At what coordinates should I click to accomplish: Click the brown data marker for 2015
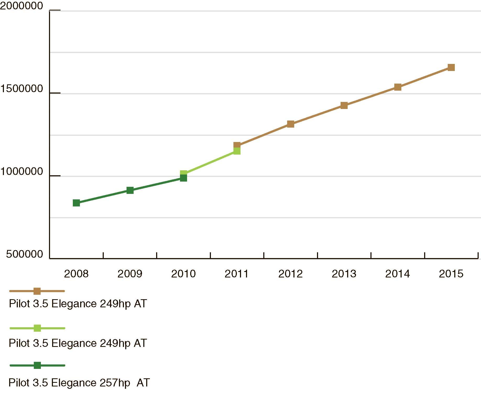point(451,67)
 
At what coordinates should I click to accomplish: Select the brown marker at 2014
point(397,87)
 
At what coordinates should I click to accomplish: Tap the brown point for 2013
point(344,105)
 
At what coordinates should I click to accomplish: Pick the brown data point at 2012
point(291,124)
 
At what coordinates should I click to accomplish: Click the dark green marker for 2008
point(76,203)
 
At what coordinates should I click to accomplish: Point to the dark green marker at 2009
point(130,190)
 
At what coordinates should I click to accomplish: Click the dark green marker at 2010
point(183,178)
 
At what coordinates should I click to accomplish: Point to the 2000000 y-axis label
point(21,6)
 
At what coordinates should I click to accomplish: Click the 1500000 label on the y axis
point(21,89)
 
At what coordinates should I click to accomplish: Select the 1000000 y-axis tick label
point(21,171)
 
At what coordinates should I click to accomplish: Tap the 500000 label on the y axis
point(25,254)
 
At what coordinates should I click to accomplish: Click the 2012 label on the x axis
point(290,274)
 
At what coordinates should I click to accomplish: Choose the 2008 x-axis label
point(76,274)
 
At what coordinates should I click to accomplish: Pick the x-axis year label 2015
point(451,274)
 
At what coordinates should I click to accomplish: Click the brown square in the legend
point(37,291)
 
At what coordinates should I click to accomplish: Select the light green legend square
point(37,328)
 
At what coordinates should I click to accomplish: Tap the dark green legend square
point(37,365)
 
